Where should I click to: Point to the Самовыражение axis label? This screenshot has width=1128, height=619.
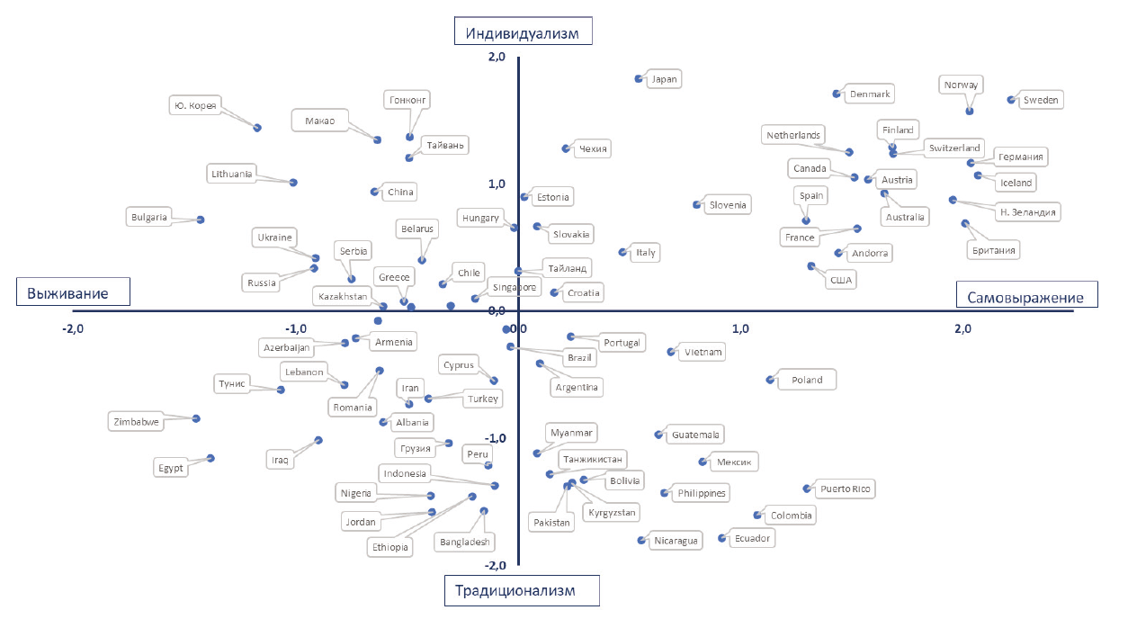1025,296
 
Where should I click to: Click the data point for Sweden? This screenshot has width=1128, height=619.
1011,100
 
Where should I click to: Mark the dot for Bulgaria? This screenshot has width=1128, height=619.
201,220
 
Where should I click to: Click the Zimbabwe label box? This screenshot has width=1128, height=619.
137,421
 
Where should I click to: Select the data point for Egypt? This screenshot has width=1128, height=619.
210,458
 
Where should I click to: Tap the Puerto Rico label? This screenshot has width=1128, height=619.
845,489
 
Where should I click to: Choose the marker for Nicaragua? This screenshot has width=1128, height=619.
641,541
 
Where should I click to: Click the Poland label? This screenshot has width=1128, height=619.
807,380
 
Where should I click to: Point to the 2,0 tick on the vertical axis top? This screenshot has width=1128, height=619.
497,57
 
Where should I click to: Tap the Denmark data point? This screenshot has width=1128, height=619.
837,94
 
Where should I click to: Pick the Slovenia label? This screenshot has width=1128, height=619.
728,205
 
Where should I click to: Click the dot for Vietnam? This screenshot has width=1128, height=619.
671,353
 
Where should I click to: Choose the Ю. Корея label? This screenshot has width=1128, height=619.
194,105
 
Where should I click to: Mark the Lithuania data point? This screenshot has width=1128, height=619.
293,183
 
